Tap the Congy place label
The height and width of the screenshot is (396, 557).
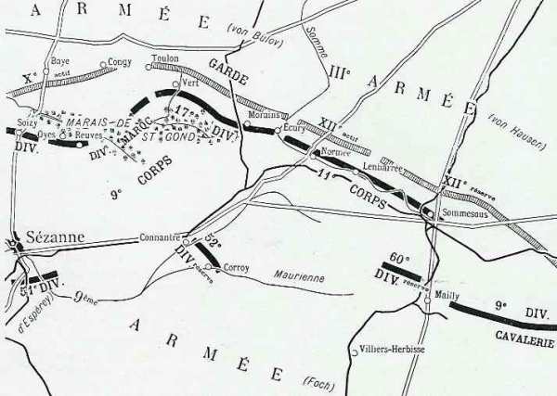120,63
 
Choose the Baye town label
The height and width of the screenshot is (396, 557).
59,61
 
